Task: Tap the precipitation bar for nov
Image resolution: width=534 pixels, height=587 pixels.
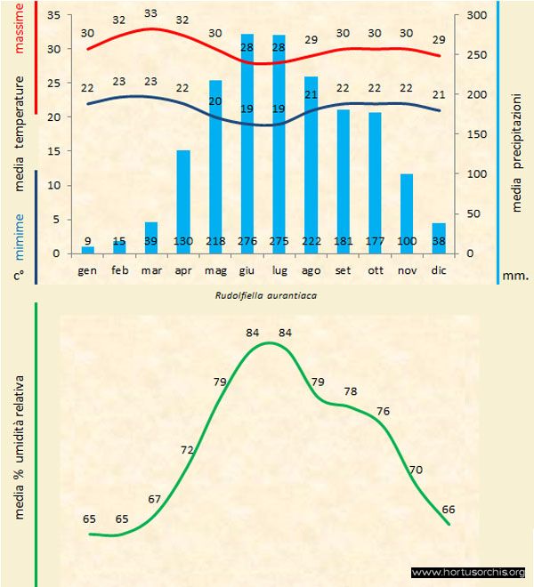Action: click(406, 213)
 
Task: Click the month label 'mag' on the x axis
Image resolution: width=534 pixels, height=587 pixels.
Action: click(215, 269)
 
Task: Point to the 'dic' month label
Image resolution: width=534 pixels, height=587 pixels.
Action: click(438, 269)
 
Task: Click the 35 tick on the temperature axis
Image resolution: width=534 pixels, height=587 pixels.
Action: click(53, 16)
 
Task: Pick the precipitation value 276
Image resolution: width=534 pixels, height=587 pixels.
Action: click(247, 241)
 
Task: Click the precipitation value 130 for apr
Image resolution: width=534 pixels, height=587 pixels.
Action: click(183, 241)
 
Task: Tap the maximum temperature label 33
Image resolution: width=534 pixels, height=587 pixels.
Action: click(151, 13)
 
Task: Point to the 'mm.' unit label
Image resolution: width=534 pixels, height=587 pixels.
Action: click(516, 276)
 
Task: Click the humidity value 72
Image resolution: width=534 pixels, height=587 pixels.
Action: click(187, 449)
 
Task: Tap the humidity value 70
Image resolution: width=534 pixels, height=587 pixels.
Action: click(415, 469)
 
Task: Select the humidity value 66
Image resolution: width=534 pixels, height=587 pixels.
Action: click(449, 509)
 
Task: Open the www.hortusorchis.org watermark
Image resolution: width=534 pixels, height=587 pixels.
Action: click(468, 572)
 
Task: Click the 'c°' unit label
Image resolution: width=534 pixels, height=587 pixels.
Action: click(19, 277)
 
